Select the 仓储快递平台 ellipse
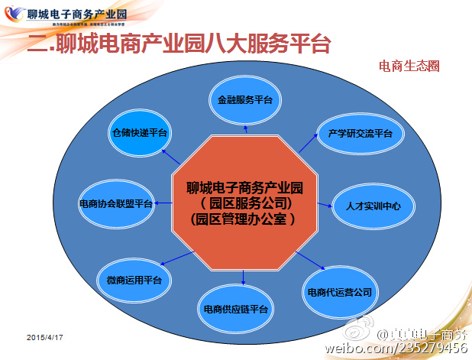click(x=139, y=132)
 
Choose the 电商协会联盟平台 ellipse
click(x=116, y=204)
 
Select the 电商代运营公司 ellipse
click(x=340, y=292)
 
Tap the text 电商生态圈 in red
click(x=409, y=66)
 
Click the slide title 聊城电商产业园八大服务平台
click(x=179, y=44)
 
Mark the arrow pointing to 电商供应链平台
click(x=243, y=277)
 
